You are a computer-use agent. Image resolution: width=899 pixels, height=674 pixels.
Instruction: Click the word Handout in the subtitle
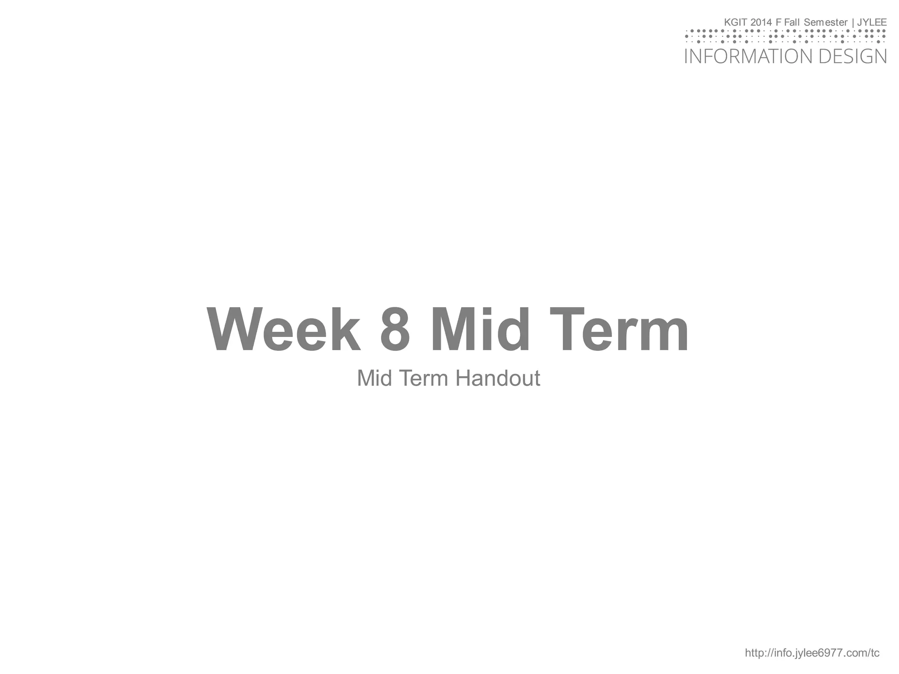click(497, 378)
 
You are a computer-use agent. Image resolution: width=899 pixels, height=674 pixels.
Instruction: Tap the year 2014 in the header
click(761, 22)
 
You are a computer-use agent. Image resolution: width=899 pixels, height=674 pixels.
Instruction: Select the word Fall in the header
click(791, 22)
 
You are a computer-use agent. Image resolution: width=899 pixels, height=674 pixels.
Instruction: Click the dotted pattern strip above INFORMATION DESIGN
click(785, 36)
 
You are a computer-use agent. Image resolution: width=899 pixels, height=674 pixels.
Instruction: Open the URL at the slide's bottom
click(812, 653)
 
